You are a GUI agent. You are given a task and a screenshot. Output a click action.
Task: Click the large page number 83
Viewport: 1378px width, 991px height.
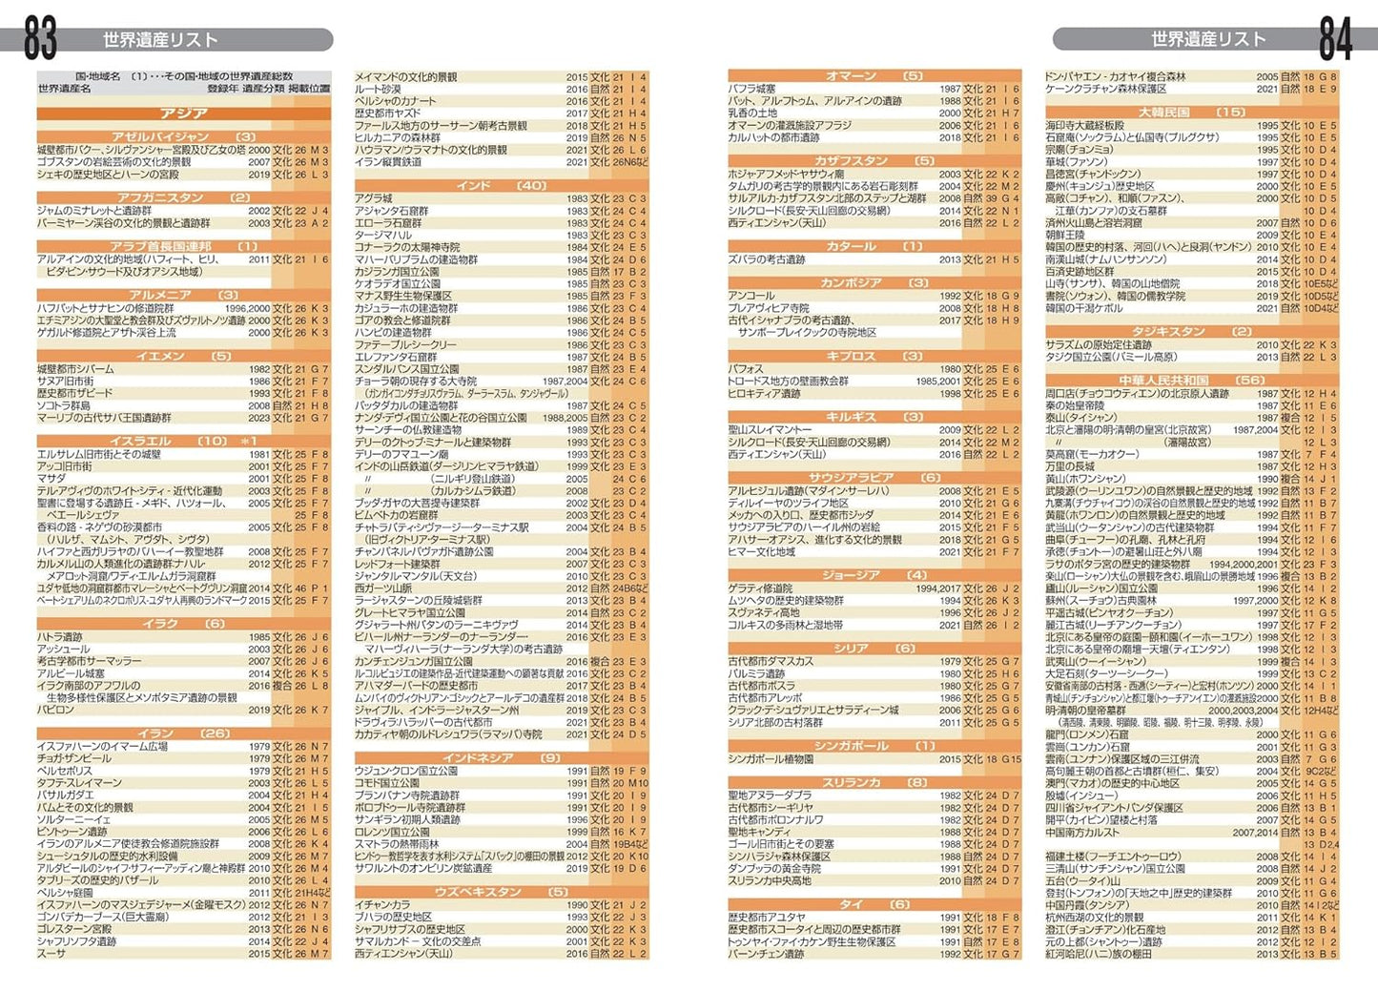tap(40, 38)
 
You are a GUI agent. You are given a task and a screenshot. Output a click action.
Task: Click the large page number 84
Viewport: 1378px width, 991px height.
tap(1335, 38)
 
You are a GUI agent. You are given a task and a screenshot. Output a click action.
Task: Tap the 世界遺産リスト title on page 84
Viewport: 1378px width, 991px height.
tap(1207, 39)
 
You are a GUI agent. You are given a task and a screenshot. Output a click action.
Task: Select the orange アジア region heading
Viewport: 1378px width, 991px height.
tap(184, 113)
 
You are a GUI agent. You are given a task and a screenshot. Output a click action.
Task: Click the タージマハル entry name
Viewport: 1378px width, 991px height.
tap(383, 235)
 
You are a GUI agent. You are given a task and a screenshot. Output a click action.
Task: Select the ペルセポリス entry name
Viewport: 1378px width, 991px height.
tap(65, 771)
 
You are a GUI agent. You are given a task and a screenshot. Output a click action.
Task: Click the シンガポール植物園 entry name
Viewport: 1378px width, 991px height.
tap(771, 759)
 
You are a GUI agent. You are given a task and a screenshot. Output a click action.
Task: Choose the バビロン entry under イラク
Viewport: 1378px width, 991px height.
tap(55, 710)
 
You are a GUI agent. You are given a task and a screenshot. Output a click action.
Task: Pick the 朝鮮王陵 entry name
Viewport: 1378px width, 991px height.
tap(1066, 235)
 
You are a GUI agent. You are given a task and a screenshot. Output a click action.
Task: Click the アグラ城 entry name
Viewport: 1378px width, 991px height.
tap(374, 198)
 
